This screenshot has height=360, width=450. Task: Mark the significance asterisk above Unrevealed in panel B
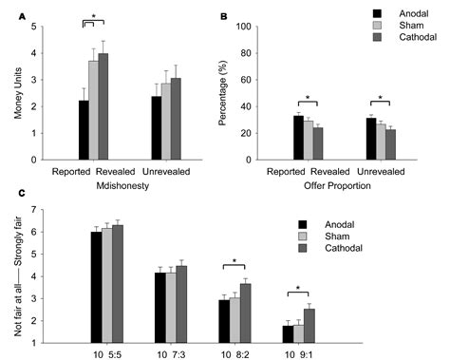pos(379,98)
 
